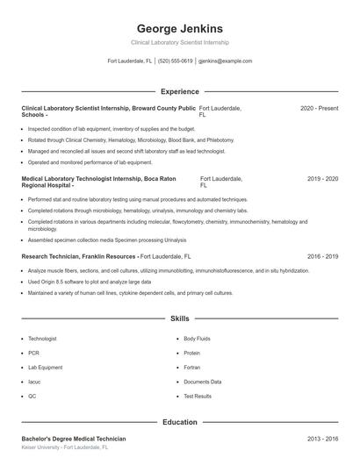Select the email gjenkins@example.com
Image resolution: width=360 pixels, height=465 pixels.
225,61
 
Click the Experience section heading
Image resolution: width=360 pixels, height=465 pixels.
179,91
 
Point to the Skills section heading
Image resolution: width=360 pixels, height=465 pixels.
179,318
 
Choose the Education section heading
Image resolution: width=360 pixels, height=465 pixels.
179,422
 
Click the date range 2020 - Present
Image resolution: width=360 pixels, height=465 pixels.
319,108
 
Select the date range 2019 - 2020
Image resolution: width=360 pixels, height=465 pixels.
322,179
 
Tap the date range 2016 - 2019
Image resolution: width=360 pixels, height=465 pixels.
322,256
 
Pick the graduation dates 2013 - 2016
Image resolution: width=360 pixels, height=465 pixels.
322,439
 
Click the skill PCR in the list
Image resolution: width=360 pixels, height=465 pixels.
33,353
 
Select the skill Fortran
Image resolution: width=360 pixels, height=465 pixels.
193,368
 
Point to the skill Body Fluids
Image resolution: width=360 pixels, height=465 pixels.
198,338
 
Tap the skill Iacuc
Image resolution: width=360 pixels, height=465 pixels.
35,383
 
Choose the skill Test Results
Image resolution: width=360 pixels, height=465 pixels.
198,397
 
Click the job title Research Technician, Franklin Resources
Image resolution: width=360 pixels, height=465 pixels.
79,256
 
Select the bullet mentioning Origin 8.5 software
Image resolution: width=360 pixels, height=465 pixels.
90,283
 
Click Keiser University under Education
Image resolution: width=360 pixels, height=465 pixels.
45,447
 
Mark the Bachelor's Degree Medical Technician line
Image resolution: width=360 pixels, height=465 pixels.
74,439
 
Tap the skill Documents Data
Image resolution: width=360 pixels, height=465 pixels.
202,383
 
